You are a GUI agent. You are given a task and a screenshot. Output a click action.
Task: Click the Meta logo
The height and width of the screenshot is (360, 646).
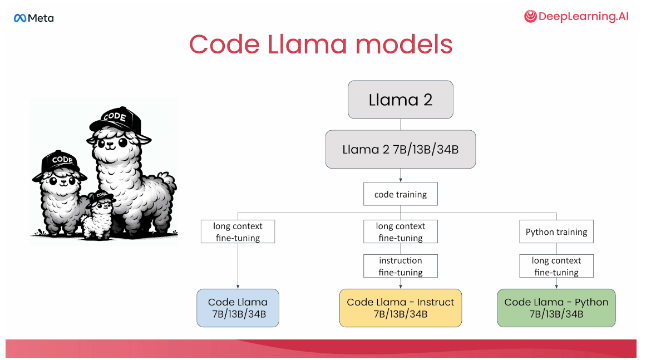pyautogui.click(x=33, y=18)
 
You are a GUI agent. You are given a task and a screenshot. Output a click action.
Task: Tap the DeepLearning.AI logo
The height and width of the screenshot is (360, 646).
pyautogui.click(x=576, y=17)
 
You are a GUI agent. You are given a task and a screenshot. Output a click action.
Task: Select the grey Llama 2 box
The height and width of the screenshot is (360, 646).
pyautogui.click(x=400, y=100)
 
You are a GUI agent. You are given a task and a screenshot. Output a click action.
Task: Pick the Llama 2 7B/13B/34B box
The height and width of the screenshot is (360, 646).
pyautogui.click(x=400, y=149)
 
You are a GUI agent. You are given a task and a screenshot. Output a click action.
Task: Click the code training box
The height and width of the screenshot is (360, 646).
pyautogui.click(x=400, y=195)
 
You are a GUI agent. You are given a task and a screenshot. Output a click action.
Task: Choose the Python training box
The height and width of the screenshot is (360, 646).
pyautogui.click(x=556, y=232)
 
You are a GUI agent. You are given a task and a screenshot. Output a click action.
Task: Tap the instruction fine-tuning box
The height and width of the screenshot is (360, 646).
pyautogui.click(x=400, y=266)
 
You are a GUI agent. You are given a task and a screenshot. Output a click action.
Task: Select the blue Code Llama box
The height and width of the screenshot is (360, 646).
pyautogui.click(x=238, y=308)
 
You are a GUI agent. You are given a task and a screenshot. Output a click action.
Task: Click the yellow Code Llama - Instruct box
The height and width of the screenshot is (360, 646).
pyautogui.click(x=400, y=308)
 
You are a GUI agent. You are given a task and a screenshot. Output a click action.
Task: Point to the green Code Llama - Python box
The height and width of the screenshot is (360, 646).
pyautogui.click(x=556, y=308)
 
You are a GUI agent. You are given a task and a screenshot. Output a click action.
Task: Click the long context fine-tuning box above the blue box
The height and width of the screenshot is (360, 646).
pyautogui.click(x=238, y=232)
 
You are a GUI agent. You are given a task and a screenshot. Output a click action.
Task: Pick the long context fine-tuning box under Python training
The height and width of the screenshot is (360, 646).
pyautogui.click(x=556, y=266)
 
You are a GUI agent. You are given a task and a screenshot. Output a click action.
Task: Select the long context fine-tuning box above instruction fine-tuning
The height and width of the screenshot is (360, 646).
pyautogui.click(x=400, y=232)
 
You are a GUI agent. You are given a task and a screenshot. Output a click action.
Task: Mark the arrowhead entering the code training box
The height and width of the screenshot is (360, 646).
pyautogui.click(x=400, y=181)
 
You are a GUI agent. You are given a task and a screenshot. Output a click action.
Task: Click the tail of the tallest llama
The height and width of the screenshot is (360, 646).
pyautogui.click(x=166, y=184)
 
